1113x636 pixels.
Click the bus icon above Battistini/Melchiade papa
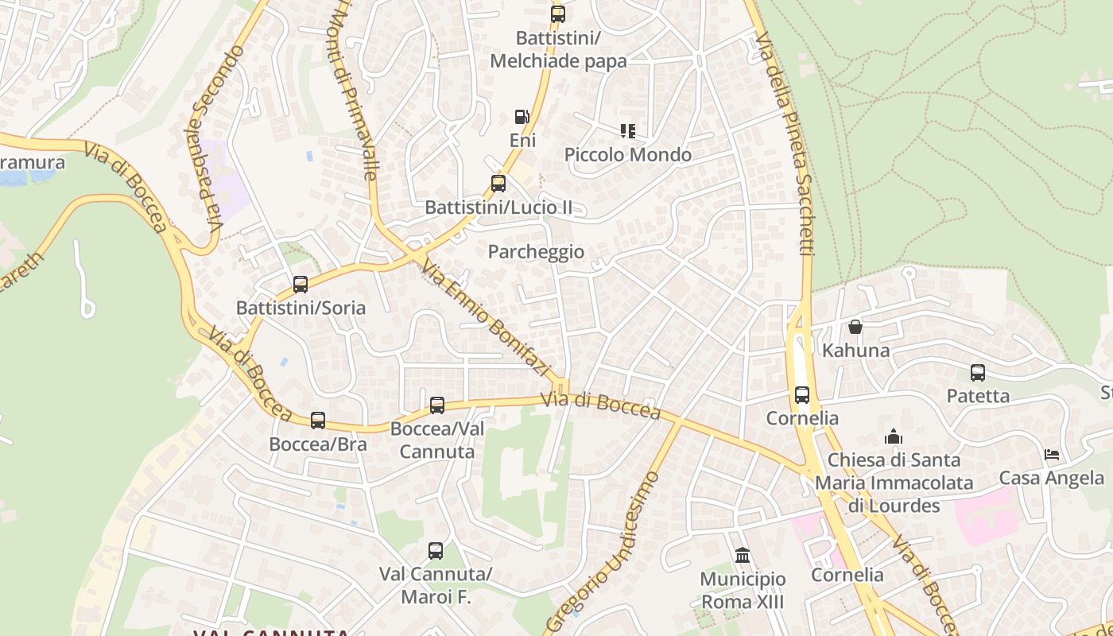pyautogui.click(x=558, y=14)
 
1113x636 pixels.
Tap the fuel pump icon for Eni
pyautogui.click(x=522, y=117)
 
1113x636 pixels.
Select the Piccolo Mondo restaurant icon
pyautogui.click(x=628, y=130)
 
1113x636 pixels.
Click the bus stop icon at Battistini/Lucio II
pyautogui.click(x=498, y=184)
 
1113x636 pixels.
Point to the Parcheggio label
pyautogui.click(x=536, y=252)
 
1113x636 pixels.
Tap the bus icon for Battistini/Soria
pyautogui.click(x=301, y=284)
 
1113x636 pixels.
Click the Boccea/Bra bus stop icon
pyautogui.click(x=318, y=421)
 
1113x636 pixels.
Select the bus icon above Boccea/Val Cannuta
pyautogui.click(x=437, y=405)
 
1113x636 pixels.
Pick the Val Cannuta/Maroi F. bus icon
pyautogui.click(x=436, y=550)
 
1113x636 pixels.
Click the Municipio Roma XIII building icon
pyautogui.click(x=743, y=555)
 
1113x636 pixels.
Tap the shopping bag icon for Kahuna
pyautogui.click(x=855, y=327)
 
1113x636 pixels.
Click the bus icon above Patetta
pyautogui.click(x=978, y=372)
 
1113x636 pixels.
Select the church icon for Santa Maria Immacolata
pyautogui.click(x=894, y=436)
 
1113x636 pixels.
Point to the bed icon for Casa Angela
pyautogui.click(x=1052, y=455)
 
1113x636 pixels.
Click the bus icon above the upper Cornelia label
pyautogui.click(x=802, y=394)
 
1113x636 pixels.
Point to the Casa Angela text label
pyautogui.click(x=1051, y=478)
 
